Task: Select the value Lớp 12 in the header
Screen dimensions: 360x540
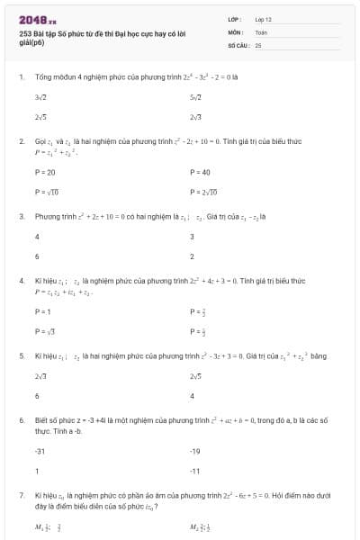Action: point(263,18)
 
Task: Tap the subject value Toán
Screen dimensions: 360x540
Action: point(261,31)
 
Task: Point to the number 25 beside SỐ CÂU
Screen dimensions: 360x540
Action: point(258,43)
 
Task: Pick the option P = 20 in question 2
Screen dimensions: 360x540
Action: point(45,172)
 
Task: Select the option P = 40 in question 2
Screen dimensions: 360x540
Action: point(200,172)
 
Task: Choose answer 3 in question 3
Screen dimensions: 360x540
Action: point(192,237)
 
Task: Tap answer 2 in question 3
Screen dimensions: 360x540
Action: point(192,256)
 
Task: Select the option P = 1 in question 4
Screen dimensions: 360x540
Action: point(42,311)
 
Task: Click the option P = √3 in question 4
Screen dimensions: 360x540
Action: point(44,331)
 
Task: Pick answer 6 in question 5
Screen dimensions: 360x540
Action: point(37,395)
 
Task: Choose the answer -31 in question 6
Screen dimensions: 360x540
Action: point(40,450)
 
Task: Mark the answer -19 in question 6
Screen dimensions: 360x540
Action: point(194,450)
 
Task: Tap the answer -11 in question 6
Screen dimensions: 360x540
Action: point(194,471)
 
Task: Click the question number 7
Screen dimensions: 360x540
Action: point(22,495)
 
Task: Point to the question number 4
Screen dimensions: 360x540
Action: point(22,281)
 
